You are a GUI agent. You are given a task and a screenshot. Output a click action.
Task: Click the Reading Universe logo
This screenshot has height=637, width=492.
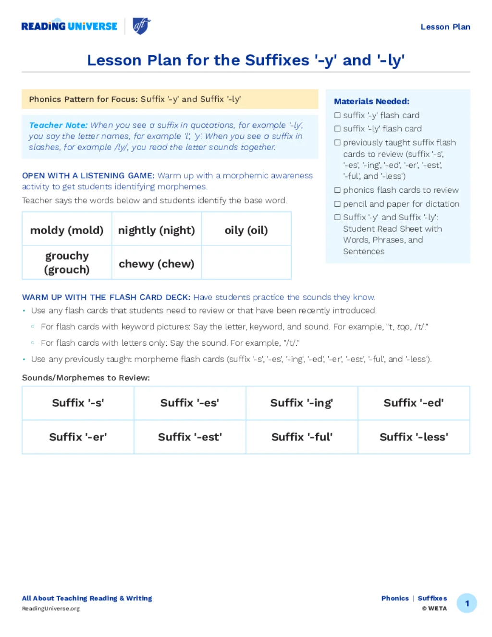pos(69,26)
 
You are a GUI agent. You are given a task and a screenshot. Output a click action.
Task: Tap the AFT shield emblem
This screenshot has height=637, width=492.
pos(141,26)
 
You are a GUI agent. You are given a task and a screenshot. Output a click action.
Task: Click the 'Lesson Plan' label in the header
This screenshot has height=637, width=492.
pos(445,27)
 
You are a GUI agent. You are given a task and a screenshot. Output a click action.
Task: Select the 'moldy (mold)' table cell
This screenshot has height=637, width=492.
pos(67,230)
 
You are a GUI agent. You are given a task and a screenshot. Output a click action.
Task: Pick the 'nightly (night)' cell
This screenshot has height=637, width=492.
pos(157,230)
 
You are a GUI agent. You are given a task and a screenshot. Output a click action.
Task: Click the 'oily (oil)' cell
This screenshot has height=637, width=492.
pos(246,230)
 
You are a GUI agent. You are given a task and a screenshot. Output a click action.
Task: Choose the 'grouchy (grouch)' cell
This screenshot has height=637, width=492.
pos(67,262)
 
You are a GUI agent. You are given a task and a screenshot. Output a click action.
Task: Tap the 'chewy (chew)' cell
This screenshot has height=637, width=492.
pos(157,264)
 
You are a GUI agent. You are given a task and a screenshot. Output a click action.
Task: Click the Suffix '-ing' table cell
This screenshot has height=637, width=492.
pos(302,403)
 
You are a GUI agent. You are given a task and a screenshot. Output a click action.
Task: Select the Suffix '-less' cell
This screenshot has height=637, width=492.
pos(414,437)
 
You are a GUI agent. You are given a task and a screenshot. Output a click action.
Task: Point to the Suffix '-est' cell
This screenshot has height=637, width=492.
pos(190,437)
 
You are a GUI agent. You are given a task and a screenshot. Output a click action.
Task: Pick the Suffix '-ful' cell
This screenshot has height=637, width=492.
pos(302,437)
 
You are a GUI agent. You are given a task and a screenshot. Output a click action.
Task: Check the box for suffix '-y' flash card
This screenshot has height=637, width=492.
pos(337,115)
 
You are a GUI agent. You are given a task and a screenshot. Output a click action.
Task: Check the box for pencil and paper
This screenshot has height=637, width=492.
pos(337,204)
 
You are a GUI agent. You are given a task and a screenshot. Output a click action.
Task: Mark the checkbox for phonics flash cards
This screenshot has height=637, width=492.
pos(337,190)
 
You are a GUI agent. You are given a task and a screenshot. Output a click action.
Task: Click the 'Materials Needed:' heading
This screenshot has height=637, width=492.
pos(371,101)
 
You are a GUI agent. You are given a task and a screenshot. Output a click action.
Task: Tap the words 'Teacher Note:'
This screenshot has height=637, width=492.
pos(58,125)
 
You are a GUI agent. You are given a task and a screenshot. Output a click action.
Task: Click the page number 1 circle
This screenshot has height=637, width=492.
pos(467,603)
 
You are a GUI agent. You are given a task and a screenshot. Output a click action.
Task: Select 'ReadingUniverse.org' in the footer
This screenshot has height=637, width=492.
pos(51,609)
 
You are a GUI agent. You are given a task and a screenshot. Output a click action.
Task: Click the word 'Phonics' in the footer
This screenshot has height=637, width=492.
pos(395,599)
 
